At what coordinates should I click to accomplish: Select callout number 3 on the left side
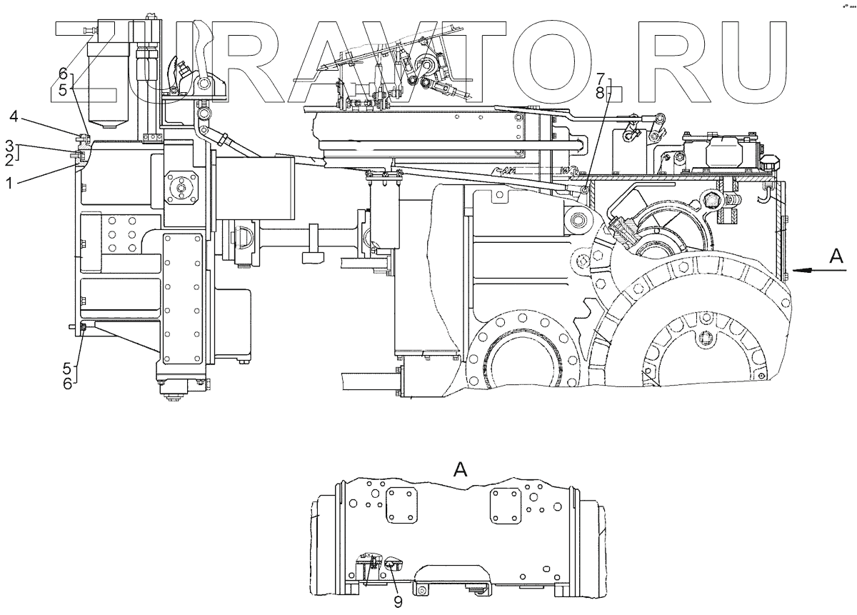click(x=9, y=145)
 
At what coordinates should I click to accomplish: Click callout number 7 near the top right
click(x=600, y=78)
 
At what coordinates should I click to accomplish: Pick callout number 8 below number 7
click(x=600, y=91)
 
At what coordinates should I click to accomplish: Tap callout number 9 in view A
click(x=398, y=601)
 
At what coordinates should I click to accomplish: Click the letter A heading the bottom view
click(x=461, y=469)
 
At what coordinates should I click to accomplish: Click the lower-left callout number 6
click(x=66, y=383)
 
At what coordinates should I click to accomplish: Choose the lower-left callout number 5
click(x=66, y=369)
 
